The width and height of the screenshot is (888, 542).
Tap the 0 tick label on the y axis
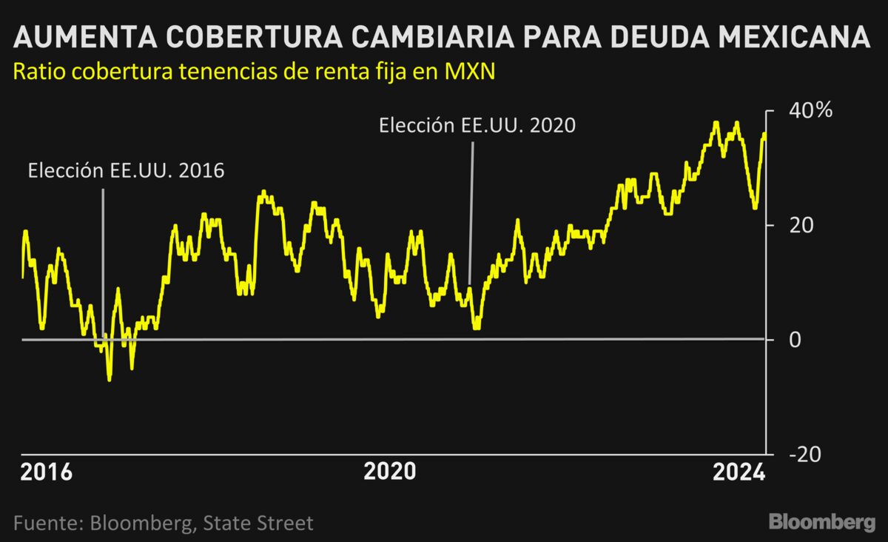tap(795, 339)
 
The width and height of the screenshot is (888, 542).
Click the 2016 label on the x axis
tap(45, 472)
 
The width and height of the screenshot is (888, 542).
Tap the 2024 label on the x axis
tap(737, 472)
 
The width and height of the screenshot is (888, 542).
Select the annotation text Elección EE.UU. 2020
tap(477, 125)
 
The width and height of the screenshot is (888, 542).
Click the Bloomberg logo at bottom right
tap(821, 522)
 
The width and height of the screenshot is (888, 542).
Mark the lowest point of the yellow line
tap(110, 380)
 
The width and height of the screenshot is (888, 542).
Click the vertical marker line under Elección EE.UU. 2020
tap(471, 215)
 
